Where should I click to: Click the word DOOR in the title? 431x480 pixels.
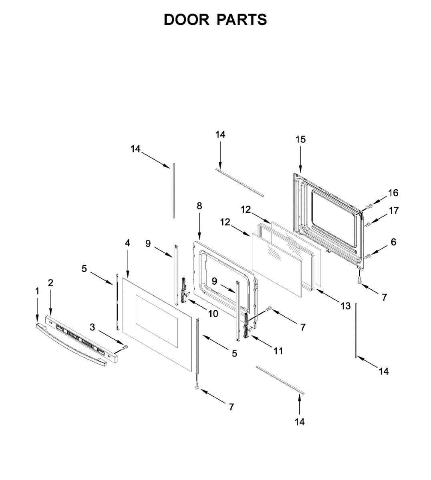pyautogui.click(x=187, y=20)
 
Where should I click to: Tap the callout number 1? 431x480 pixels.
pyautogui.click(x=37, y=291)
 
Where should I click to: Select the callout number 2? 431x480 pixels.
pyautogui.click(x=50, y=283)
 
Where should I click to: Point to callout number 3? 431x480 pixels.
pyautogui.click(x=93, y=327)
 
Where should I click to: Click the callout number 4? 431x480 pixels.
pyautogui.click(x=127, y=243)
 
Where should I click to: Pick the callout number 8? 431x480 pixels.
pyautogui.click(x=199, y=206)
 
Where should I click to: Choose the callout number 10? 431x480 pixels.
pyautogui.click(x=213, y=314)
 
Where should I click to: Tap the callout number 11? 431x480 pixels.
pyautogui.click(x=278, y=351)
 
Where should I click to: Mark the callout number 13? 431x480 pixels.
pyautogui.click(x=345, y=306)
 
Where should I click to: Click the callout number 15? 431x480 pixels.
pyautogui.click(x=300, y=139)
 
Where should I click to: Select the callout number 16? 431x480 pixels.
pyautogui.click(x=393, y=193)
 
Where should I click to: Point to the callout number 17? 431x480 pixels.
pyautogui.click(x=394, y=210)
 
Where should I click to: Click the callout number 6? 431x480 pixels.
pyautogui.click(x=393, y=242)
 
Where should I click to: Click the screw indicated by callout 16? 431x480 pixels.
pyautogui.click(x=369, y=206)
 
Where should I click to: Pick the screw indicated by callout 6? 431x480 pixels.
pyautogui.click(x=367, y=256)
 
